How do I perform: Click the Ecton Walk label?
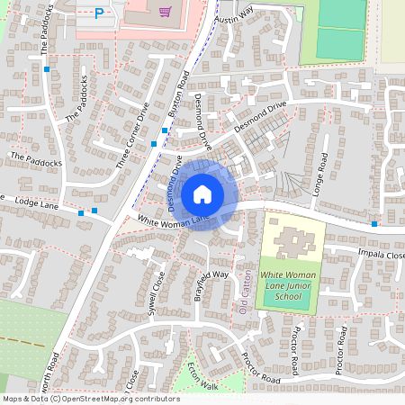pos(202,374)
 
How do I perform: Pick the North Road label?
pos(60,369)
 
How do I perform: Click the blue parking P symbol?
pos(99,13)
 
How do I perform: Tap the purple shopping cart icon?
pos(164,12)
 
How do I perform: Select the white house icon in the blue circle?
pos(202,193)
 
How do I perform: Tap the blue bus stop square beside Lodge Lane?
pos(82,213)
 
